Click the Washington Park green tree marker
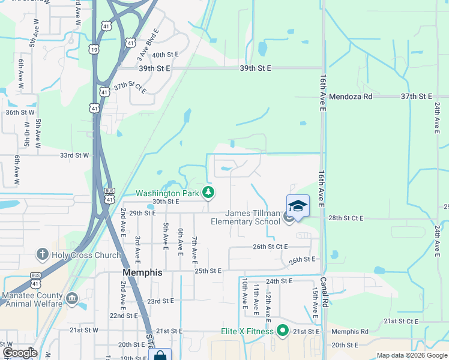(208, 193)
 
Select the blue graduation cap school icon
(298, 206)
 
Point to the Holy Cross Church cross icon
(43, 254)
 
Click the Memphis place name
(142, 272)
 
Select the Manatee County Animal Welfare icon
(72, 298)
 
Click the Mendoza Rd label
(351, 96)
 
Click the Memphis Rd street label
(349, 331)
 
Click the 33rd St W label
(74, 155)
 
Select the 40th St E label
(166, 55)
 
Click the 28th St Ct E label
(346, 218)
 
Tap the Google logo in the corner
(20, 353)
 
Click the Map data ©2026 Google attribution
(411, 355)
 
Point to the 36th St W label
(20, 112)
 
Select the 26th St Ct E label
(270, 247)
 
